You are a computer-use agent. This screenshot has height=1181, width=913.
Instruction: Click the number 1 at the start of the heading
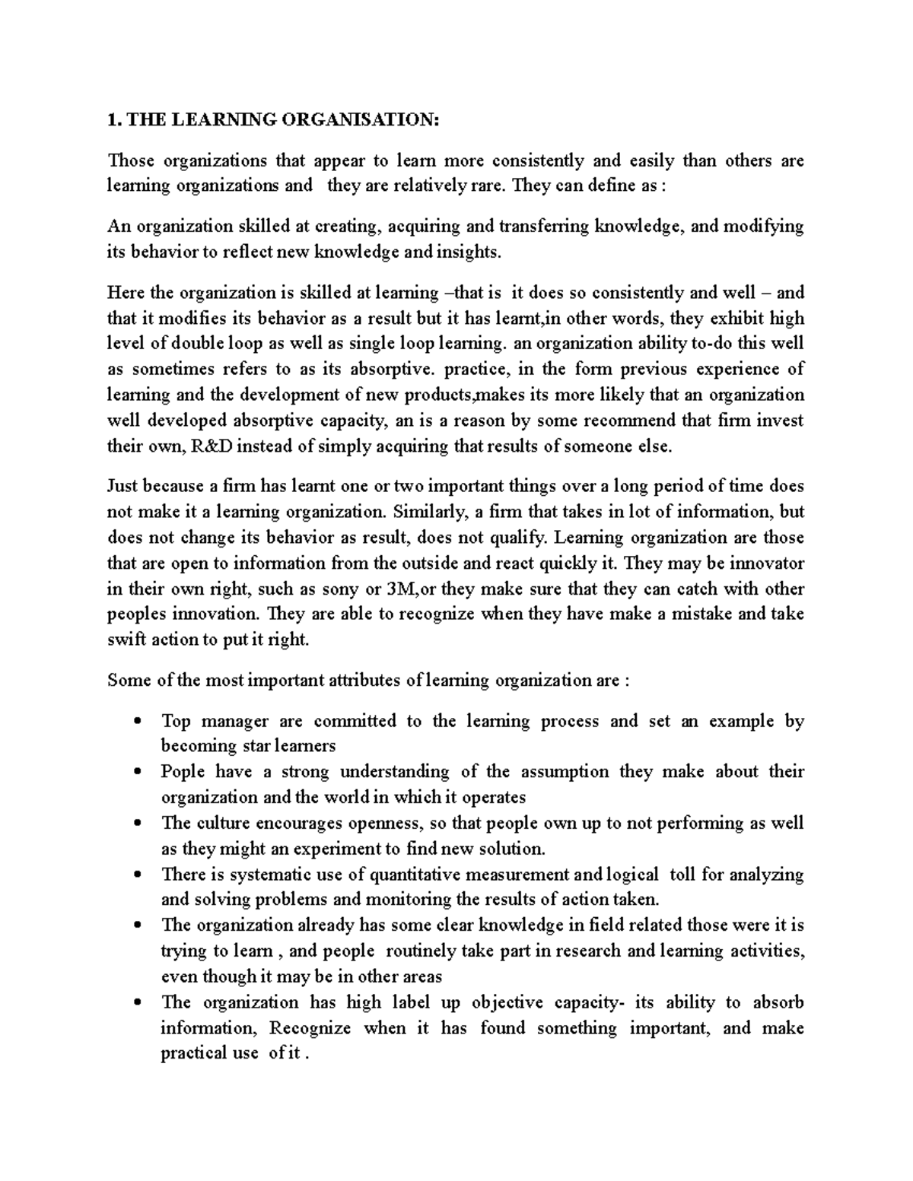coord(112,119)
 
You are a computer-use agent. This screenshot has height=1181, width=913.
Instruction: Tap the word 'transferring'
coord(543,227)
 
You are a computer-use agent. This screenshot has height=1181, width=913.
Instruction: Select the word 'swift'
coord(125,640)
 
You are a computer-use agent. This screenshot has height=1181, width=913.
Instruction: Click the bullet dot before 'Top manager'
coord(137,722)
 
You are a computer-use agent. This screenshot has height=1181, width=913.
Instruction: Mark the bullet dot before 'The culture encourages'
coord(137,824)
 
